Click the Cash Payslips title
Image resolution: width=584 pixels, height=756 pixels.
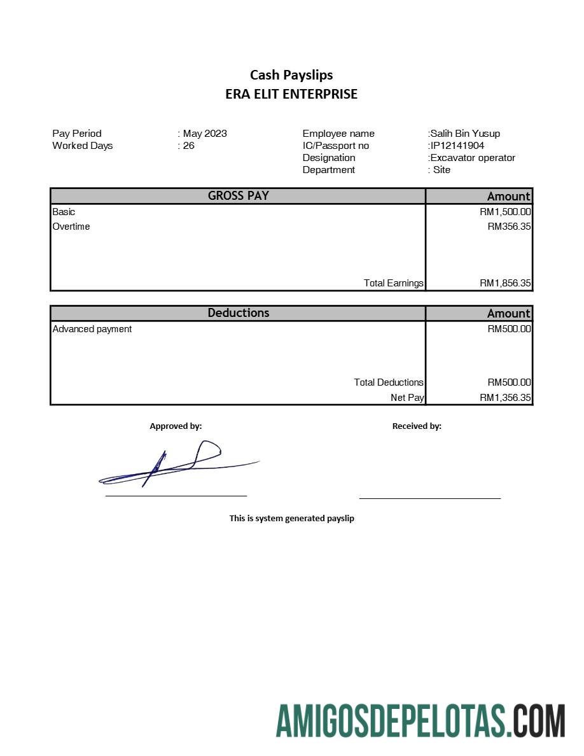click(291, 75)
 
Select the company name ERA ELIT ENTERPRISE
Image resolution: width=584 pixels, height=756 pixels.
click(291, 94)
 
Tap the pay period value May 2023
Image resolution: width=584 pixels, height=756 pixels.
click(204, 134)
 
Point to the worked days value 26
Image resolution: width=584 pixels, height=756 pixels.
click(188, 146)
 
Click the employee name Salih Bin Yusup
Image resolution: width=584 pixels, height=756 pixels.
click(465, 134)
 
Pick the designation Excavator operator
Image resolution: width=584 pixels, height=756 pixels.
click(472, 158)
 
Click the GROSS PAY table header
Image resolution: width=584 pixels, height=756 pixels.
click(238, 196)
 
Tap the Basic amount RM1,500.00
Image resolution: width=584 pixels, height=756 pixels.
click(505, 212)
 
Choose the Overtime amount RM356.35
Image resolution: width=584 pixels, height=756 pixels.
click(509, 227)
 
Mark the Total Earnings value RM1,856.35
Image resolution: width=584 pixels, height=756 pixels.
click(505, 283)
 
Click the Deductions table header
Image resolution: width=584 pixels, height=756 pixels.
click(238, 313)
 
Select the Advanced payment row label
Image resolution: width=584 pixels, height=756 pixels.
click(92, 329)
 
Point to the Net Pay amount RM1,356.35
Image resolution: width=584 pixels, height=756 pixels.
click(505, 398)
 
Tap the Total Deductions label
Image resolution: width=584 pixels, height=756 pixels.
click(388, 382)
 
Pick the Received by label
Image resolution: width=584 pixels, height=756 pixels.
click(417, 426)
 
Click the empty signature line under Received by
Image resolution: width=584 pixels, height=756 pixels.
click(430, 498)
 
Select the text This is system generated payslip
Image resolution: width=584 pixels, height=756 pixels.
click(291, 519)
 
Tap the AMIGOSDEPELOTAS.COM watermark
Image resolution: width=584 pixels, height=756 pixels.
click(420, 721)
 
